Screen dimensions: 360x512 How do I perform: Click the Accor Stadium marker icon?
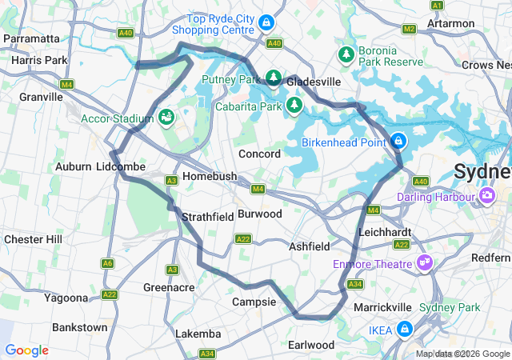166,118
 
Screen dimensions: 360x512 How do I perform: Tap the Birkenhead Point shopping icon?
398,142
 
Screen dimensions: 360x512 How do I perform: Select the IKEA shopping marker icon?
405,329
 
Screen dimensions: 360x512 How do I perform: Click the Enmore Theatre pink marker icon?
425,262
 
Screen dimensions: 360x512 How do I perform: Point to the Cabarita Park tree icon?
294,104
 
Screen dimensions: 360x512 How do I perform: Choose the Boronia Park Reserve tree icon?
346,54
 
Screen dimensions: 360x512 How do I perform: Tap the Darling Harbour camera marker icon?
486,194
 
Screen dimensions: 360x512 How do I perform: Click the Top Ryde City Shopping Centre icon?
266,24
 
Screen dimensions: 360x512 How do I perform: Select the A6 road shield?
107,263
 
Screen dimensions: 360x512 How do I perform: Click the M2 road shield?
409,30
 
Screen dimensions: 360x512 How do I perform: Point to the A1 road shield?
437,6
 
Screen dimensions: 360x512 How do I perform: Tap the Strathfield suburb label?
207,217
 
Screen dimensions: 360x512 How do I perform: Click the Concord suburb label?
259,154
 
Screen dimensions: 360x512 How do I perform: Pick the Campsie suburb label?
254,302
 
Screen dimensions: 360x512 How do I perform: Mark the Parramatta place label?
32,38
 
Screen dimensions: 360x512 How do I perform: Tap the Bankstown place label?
79,327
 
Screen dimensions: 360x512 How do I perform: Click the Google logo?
27,350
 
